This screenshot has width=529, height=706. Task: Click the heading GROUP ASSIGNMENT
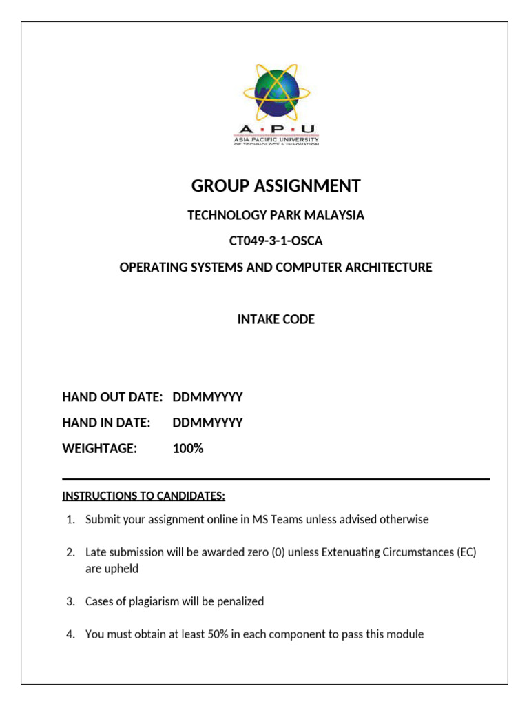coord(276,185)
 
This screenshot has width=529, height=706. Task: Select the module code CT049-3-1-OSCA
coord(276,241)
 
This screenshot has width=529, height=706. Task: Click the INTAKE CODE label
coord(276,319)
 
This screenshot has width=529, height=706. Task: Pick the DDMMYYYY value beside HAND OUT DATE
coord(207,396)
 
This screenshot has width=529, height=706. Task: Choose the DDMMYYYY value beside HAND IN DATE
coord(207,423)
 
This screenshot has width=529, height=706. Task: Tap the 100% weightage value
coord(188,449)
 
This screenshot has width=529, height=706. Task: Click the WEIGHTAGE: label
coord(100,449)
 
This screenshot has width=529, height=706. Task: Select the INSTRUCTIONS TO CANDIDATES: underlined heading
coord(144,496)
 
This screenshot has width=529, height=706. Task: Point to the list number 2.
coord(70,552)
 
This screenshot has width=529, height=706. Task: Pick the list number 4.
coord(70,634)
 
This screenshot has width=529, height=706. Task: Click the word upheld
coord(122,569)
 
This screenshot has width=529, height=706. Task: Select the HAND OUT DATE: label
coord(112,396)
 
